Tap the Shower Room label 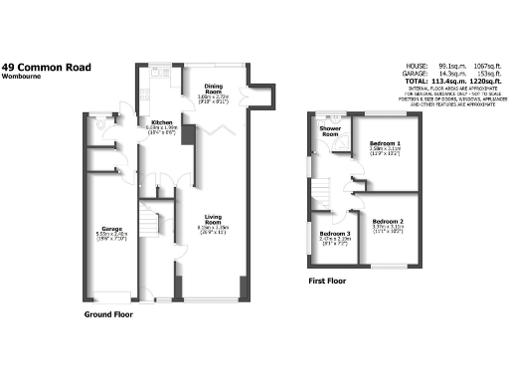(329, 131)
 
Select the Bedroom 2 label (387, 221)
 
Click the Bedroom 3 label (330, 231)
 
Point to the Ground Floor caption (108, 314)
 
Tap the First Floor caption (328, 282)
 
